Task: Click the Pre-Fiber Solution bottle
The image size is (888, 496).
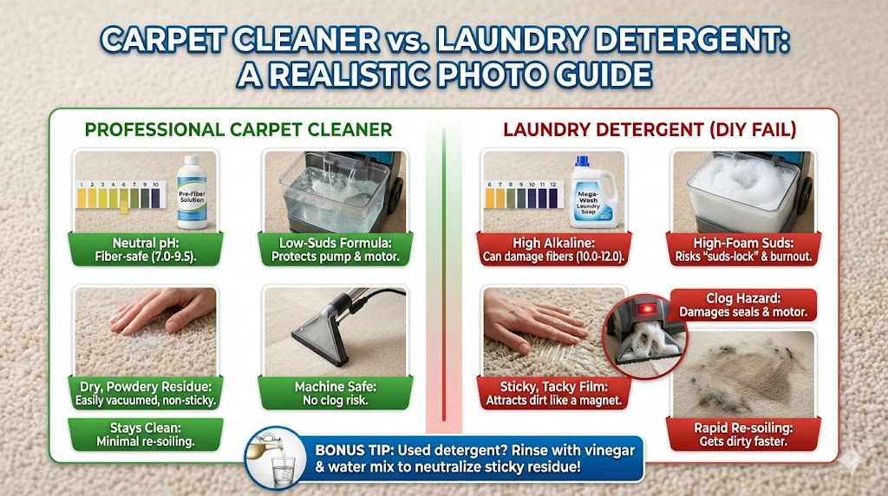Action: click(192, 193)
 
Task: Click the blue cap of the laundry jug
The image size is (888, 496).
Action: click(582, 161)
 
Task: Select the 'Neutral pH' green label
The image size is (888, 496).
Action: click(146, 250)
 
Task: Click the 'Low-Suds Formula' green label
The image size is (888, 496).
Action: click(336, 250)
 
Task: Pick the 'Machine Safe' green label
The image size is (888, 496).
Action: click(336, 393)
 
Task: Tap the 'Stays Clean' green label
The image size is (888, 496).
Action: click(146, 434)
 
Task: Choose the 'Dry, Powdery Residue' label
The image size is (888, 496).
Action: click(146, 393)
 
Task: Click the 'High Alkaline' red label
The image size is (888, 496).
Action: click(553, 250)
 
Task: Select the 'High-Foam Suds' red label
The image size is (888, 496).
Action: click(743, 250)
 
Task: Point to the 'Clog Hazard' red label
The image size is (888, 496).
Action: click(743, 304)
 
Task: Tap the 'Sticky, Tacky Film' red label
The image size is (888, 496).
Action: click(553, 393)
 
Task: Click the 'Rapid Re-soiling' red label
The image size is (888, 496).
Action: click(743, 434)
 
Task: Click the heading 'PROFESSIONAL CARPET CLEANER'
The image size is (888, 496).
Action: click(238, 130)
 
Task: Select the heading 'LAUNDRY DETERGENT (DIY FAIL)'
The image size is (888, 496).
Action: click(650, 130)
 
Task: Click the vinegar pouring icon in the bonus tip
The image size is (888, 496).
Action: click(275, 458)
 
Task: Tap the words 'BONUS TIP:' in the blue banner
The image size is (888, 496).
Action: click(354, 451)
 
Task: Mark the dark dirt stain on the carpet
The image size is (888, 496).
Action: click(743, 371)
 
